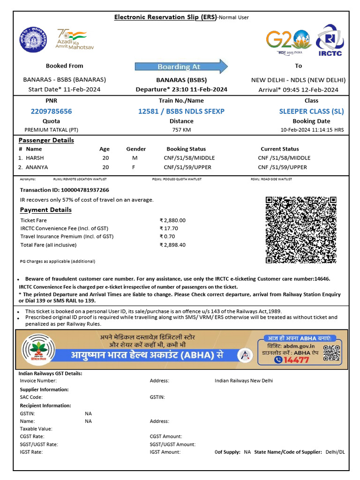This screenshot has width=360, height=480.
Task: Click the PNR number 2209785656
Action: pyautogui.click(x=51, y=112)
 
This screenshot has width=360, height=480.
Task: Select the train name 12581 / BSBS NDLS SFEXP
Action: pyautogui.click(x=181, y=112)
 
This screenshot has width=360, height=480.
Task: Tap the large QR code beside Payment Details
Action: pyautogui.click(x=301, y=230)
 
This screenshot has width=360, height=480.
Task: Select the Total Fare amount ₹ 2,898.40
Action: pyautogui.click(x=172, y=245)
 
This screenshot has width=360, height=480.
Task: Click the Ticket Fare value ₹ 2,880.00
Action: pyautogui.click(x=172, y=220)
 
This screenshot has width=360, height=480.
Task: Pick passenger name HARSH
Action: pyautogui.click(x=35, y=158)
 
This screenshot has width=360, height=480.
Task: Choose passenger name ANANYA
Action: pyautogui.click(x=37, y=167)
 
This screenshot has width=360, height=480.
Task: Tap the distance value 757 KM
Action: pyautogui.click(x=181, y=129)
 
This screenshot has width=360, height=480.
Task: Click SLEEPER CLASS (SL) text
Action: pyautogui.click(x=311, y=112)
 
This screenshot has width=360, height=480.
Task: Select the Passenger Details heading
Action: pyautogui.click(x=46, y=140)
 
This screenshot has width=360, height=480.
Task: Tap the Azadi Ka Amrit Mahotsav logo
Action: pyautogui.click(x=71, y=38)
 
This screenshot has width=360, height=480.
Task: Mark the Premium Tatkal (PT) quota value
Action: pyautogui.click(x=51, y=129)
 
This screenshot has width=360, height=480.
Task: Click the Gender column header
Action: pyautogui.click(x=136, y=149)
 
